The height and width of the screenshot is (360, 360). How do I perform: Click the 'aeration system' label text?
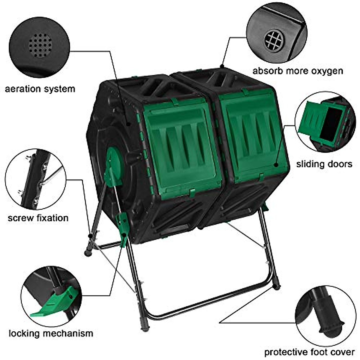click(x=40, y=89)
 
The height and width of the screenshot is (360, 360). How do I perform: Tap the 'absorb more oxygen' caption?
click(x=297, y=71)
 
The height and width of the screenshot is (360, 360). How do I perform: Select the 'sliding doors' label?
click(x=324, y=164)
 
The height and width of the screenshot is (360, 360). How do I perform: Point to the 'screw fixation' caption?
click(x=38, y=218)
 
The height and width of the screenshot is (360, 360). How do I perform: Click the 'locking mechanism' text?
click(x=51, y=333)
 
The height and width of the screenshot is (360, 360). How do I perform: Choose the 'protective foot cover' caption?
click(x=309, y=352)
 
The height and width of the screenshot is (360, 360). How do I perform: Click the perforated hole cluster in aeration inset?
click(x=40, y=45)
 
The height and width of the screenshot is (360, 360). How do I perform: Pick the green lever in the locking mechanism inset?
click(x=57, y=303)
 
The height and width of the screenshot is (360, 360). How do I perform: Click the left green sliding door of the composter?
click(x=182, y=150)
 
